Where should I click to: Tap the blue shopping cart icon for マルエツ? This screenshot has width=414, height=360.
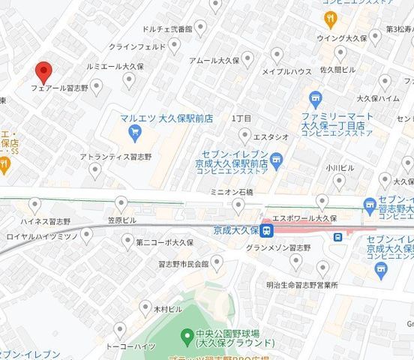[135, 134]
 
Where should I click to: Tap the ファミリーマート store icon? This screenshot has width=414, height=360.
[316, 98]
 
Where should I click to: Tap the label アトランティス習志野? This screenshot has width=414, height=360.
[115, 157]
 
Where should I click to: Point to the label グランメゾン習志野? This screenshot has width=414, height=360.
[277, 247]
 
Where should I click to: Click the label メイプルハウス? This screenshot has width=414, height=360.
[286, 72]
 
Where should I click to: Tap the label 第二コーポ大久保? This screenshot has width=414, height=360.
[167, 242]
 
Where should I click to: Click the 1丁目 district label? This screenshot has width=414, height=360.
[241, 118]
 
